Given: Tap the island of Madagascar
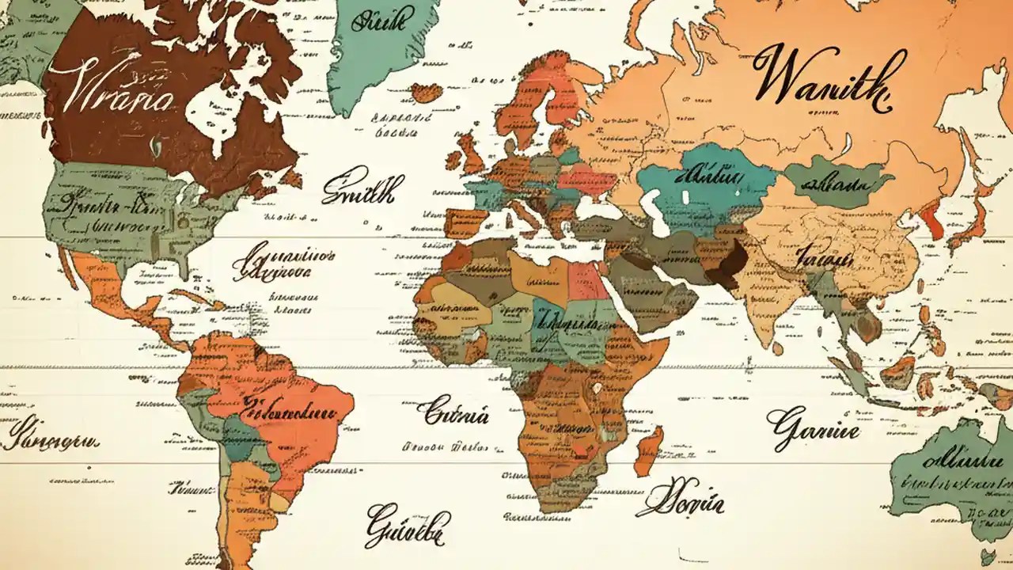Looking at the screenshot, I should coord(649,451).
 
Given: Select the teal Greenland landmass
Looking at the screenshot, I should coord(380,47).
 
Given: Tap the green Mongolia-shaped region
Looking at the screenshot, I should coord(835,182).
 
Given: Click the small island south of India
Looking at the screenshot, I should coord(779,349).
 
